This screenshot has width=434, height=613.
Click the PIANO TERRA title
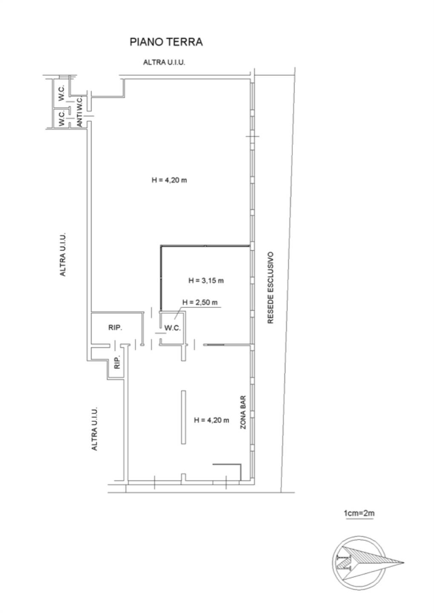166,42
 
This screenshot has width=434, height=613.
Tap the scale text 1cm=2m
359,513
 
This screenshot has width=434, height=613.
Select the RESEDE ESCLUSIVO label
270,288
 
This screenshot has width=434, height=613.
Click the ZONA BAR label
243,412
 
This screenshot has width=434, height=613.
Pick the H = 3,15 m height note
206,281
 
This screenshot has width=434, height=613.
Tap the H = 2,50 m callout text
200,302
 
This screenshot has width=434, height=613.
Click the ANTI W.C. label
80,112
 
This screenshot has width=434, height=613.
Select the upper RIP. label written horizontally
115,328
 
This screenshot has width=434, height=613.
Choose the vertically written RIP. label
117,363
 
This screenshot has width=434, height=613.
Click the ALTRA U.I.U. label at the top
164,63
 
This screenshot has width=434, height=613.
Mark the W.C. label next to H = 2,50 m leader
172,328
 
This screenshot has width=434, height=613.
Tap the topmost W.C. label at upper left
61,93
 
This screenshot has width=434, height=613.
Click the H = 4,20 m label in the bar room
211,420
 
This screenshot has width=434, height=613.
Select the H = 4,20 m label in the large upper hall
169,180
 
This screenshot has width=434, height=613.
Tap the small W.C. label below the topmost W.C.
62,118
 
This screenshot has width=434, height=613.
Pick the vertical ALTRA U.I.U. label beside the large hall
63,255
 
